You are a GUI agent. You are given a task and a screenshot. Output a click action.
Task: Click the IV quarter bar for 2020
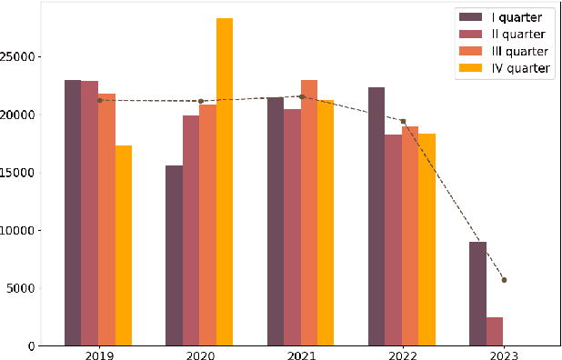click(x=224, y=182)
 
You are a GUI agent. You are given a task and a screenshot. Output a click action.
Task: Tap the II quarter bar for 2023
click(x=494, y=331)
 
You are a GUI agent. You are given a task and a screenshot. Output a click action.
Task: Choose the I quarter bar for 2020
click(x=174, y=255)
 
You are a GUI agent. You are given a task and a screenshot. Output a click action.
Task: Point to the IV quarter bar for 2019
click(x=123, y=245)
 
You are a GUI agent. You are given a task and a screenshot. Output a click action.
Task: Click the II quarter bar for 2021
click(x=292, y=227)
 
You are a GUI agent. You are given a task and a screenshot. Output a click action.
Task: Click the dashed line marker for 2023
click(x=503, y=280)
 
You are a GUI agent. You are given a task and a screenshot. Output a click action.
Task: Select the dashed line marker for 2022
click(x=402, y=121)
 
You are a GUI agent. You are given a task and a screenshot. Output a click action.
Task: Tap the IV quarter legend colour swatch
click(x=470, y=69)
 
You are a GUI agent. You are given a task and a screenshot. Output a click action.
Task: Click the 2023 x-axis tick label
click(x=503, y=354)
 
